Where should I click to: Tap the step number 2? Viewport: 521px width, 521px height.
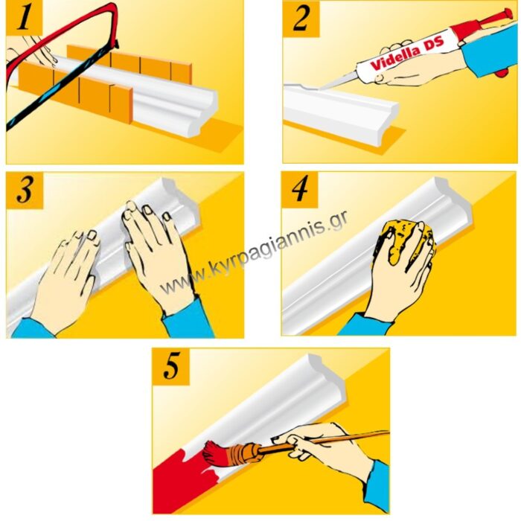click(301, 18)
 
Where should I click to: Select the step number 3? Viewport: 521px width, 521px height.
click(25, 190)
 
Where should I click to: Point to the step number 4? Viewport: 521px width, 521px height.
click(299, 189)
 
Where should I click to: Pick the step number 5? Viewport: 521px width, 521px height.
click(171, 366)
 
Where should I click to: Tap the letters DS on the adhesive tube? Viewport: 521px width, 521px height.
click(432, 44)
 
